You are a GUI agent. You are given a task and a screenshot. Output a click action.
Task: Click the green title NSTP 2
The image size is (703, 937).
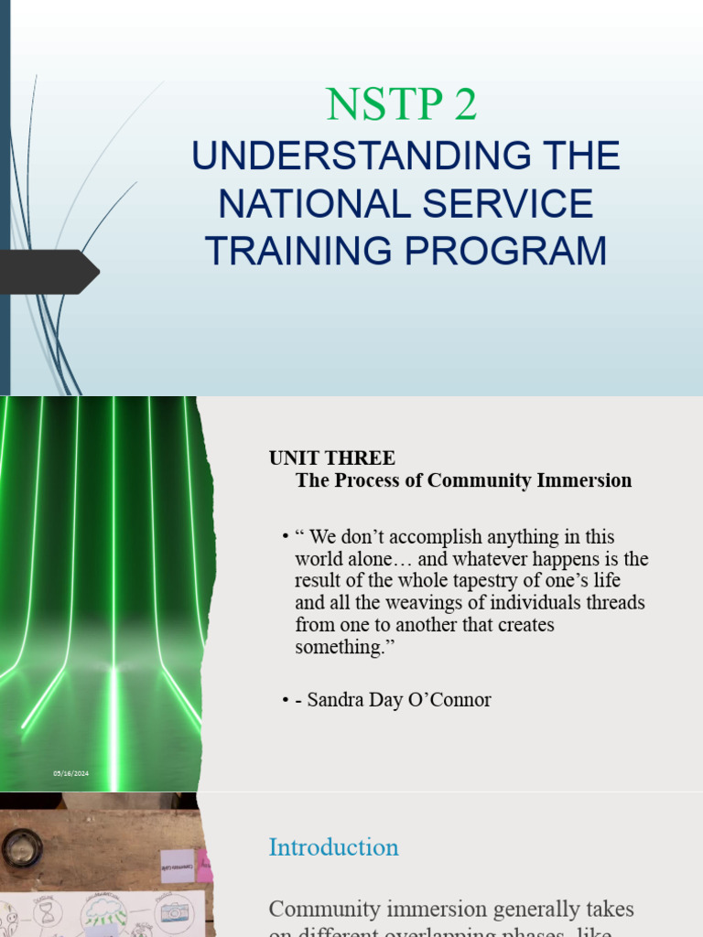coord(402,105)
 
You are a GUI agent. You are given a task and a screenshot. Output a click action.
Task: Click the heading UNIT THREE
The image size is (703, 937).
coord(331,458)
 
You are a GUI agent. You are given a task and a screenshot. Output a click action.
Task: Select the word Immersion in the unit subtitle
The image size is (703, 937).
coord(587,480)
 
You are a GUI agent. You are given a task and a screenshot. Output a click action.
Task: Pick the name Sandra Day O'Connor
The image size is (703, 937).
coord(399,700)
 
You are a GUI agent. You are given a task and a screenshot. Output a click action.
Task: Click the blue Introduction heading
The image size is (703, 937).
coord(333,847)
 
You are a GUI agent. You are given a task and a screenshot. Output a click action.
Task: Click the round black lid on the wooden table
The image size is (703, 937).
coord(22,848)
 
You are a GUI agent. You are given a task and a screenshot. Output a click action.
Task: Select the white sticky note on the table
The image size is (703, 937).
coord(177,865)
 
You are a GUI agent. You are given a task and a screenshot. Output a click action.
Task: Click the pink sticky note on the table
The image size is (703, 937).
coord(205,865)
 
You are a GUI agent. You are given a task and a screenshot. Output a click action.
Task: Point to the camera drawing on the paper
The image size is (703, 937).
coord(174,913)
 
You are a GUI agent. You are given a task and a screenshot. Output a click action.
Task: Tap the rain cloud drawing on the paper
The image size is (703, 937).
coord(108,911)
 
